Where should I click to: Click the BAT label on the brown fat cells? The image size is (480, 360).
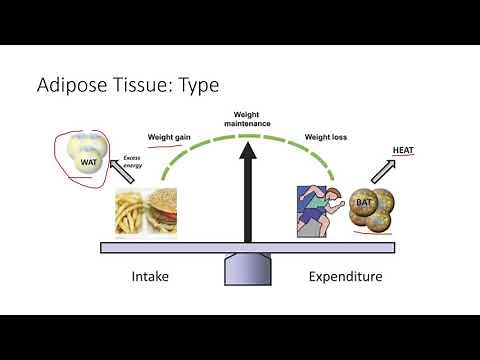[364, 204]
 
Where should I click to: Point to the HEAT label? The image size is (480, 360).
[404, 149]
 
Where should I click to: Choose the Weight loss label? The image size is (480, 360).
[327, 139]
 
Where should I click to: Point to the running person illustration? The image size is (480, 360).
[319, 209]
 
